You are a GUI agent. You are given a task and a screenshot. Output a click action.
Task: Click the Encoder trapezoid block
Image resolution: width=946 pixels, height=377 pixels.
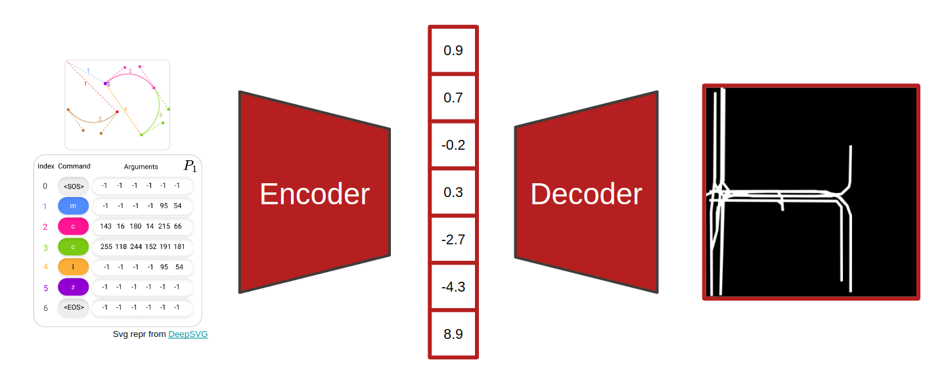coord(314,193)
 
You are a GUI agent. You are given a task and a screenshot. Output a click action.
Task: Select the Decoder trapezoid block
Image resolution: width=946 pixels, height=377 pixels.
coord(586,193)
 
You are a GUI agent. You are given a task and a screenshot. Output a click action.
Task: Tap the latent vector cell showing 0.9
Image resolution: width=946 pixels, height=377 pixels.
coord(453,50)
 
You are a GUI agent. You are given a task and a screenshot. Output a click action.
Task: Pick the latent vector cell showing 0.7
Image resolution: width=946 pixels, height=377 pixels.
coord(453,98)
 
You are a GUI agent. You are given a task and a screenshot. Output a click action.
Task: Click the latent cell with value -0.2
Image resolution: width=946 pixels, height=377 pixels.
coord(453,145)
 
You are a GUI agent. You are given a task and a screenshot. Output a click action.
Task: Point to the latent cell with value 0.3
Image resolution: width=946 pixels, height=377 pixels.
coord(453,192)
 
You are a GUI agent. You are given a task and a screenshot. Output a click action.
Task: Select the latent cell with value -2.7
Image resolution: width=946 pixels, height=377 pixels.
coord(453,240)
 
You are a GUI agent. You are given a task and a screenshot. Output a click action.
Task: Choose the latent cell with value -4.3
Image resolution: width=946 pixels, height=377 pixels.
coord(453,287)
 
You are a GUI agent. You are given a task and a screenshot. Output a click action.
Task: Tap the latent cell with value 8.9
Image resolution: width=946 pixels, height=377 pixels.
coord(453,334)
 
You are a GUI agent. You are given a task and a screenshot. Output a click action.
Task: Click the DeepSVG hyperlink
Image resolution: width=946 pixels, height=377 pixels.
coord(188,334)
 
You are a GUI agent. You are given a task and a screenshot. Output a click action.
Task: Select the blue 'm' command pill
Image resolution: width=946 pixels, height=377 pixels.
coord(73,206)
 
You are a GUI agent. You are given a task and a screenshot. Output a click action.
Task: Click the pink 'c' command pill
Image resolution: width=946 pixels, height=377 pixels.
coord(73,227)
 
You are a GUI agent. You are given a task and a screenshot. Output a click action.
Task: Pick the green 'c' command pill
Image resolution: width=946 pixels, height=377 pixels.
coord(73,247)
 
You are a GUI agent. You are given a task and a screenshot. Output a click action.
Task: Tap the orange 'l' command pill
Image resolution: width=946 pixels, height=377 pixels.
coord(73,267)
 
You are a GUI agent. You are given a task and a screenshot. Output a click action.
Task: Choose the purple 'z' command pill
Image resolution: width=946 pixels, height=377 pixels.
coord(73,287)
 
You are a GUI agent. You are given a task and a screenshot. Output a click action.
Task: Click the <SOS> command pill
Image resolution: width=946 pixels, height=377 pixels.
coord(73,186)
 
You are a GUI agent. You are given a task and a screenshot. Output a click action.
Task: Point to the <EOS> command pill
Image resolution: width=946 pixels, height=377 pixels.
coord(73,307)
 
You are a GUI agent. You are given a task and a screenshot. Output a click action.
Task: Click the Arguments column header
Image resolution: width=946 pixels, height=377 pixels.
coord(141,167)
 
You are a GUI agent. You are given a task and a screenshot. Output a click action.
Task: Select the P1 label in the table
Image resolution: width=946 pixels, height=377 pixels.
coord(190,166)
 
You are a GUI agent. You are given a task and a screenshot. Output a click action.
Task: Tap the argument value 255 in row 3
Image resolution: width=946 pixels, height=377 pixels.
coord(106,247)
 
